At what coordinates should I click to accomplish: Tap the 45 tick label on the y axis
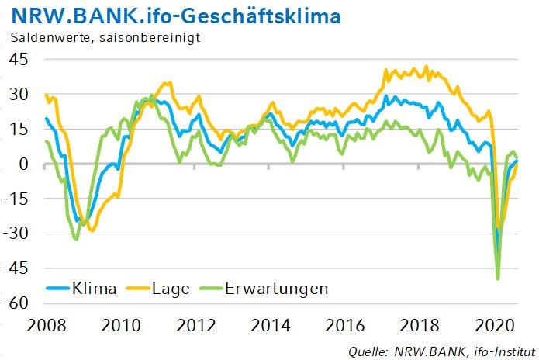tap(19, 60)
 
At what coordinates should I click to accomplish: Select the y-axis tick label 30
tap(19, 95)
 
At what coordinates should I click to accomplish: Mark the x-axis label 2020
tap(496, 324)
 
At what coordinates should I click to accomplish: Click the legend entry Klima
tap(92, 289)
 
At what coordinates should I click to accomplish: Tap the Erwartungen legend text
tap(277, 289)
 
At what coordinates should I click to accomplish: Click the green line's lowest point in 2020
tap(497, 279)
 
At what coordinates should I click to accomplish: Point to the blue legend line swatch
tap(51, 289)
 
